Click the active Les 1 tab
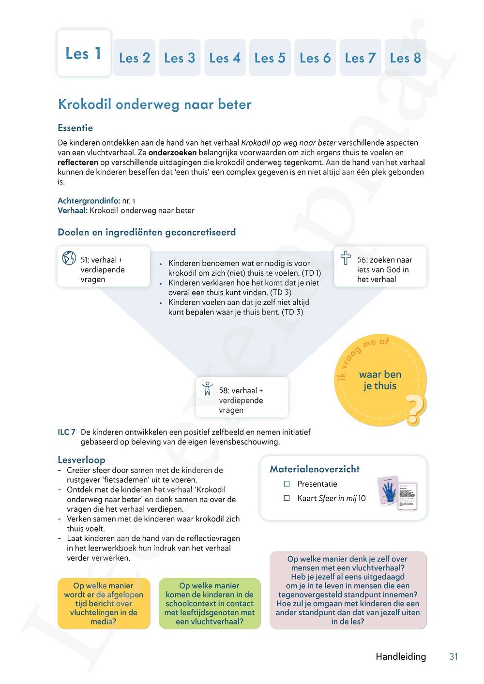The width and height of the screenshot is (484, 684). pos(84,53)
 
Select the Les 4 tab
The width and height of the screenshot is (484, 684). pos(225,58)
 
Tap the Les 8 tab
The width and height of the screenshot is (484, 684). pos(405,58)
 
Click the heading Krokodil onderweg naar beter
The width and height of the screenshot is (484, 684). pos(154,104)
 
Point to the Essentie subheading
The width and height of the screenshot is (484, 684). pos(75,128)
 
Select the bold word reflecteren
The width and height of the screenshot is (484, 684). pos(78,162)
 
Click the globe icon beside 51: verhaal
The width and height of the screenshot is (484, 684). pos(69,258)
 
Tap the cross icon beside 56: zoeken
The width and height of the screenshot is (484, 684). pos(346,258)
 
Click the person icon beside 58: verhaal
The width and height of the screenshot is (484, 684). pos(208,388)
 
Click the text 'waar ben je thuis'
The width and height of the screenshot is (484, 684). pos(380,380)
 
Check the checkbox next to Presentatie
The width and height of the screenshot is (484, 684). pos(287,484)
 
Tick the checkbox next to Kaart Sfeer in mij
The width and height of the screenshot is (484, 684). pos(287,498)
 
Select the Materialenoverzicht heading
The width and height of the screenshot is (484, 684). pos(315,469)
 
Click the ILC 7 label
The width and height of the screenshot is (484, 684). pos(66,432)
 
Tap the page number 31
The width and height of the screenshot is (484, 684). pos(454,656)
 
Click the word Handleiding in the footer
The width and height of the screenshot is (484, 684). pos(401,656)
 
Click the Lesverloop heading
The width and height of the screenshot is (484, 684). pos(81,460)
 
